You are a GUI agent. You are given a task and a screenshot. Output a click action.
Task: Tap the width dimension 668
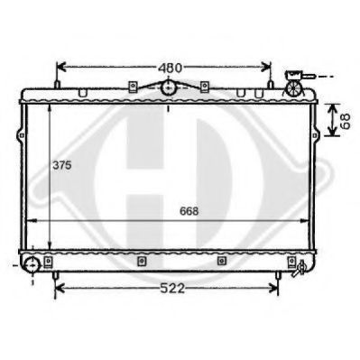[189, 211]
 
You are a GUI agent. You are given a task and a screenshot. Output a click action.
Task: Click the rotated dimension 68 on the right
[345, 119]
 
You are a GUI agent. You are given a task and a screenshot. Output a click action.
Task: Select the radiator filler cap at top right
[297, 78]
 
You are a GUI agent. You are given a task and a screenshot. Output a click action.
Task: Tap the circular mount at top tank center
[168, 88]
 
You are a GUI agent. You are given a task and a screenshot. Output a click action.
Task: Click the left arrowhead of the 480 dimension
[60, 67]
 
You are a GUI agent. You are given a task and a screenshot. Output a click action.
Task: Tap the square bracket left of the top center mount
[133, 87]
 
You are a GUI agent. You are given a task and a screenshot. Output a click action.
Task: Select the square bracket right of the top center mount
[205, 87]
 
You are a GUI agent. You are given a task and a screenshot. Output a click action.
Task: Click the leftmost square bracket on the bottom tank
[141, 262]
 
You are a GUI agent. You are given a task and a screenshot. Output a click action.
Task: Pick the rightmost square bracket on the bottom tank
[291, 262]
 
